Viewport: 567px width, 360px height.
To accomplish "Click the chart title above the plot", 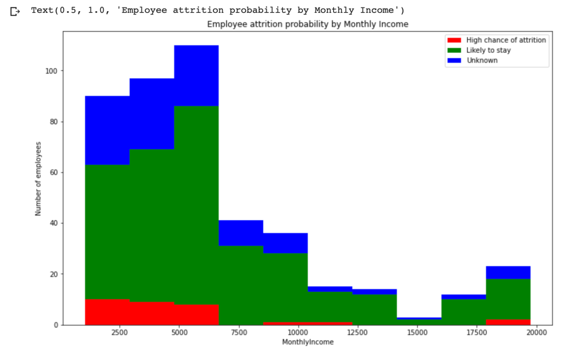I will click(308, 24).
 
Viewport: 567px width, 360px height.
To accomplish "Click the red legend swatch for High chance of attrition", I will click(454, 40).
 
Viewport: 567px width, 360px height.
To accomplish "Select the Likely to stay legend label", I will click(488, 50).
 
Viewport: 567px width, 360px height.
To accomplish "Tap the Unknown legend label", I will click(482, 60).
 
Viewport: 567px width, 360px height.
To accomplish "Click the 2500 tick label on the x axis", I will click(119, 333).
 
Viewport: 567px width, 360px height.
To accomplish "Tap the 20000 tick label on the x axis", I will click(537, 333).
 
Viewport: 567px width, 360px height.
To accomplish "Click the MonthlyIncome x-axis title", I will click(308, 342).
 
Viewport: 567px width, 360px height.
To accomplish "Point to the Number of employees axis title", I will click(38, 179).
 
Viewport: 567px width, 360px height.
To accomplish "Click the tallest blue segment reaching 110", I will click(196, 75).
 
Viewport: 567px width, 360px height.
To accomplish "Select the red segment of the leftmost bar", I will click(107, 312).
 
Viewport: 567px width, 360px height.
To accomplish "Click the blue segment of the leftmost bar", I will click(107, 130).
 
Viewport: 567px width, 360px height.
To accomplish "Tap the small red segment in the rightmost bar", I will click(508, 322).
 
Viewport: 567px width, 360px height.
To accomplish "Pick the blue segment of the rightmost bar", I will click(508, 272).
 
